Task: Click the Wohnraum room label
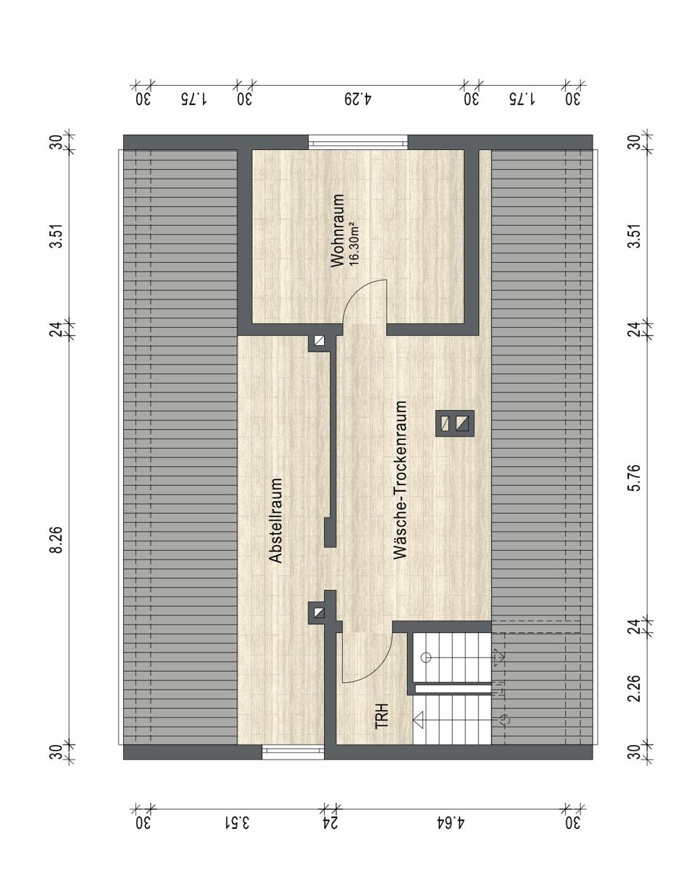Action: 337,231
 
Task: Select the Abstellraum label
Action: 276,520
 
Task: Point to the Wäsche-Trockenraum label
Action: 400,480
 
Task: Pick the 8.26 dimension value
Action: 56,540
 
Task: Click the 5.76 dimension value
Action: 634,478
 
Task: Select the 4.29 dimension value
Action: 357,99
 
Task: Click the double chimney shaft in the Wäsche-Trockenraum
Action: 454,423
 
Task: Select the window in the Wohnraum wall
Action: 357,142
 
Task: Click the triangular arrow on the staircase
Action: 419,720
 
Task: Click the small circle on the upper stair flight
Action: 426,658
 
